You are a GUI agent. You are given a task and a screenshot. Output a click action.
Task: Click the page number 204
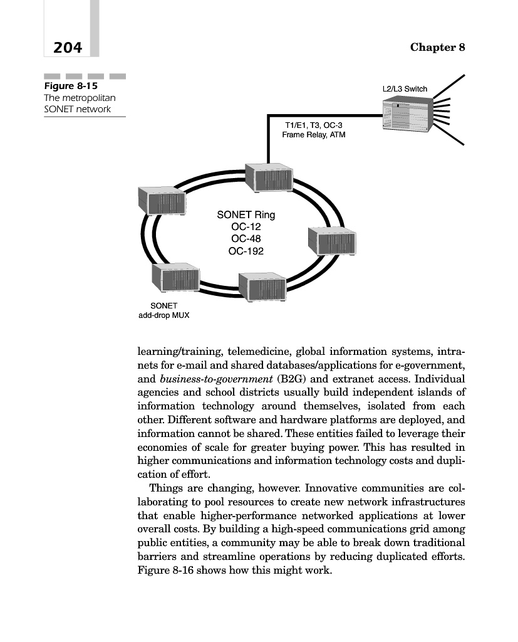click(68, 47)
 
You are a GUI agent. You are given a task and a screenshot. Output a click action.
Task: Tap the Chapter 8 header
click(437, 48)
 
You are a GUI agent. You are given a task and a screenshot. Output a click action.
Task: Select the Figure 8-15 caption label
click(66, 86)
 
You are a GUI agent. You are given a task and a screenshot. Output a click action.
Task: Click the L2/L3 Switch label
click(405, 89)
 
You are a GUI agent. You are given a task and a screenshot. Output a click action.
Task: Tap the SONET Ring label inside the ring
click(246, 215)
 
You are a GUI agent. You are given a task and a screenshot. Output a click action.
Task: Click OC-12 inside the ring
click(246, 227)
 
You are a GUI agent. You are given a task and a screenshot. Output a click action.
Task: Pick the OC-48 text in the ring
click(246, 239)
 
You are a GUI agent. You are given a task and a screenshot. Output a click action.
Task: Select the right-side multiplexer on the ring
click(332, 239)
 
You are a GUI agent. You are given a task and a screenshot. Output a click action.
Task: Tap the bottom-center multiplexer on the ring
click(262, 288)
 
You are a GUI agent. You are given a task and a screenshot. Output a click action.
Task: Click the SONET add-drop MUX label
click(163, 310)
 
